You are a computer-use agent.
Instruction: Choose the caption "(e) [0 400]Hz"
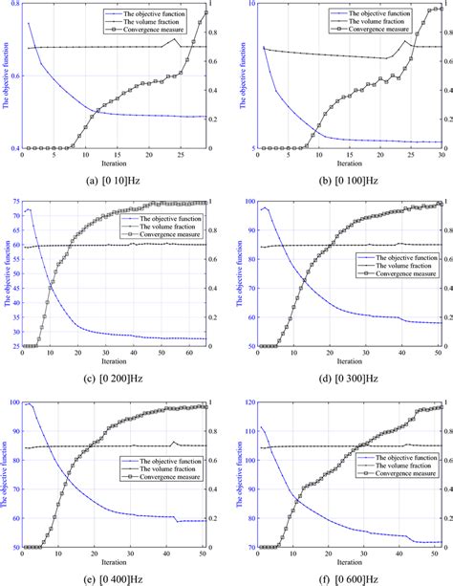coord(113,577)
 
